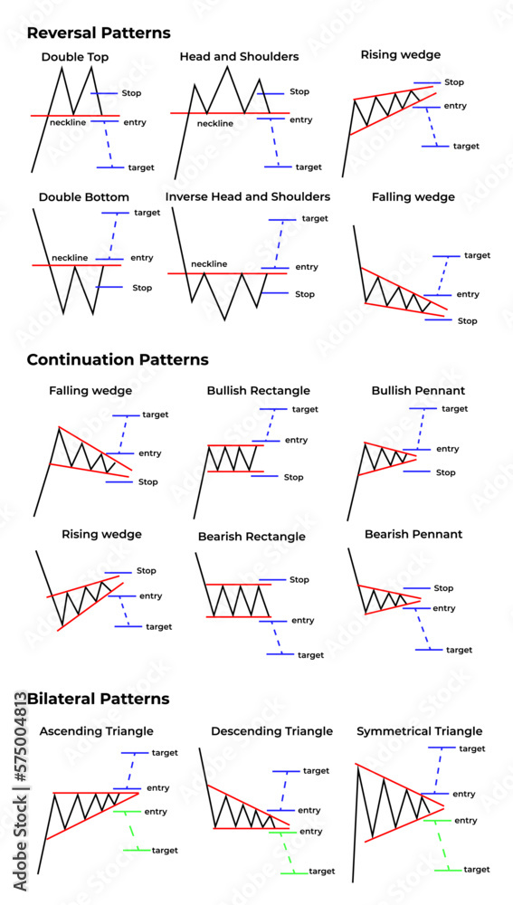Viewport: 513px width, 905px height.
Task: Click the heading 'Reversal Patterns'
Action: point(99,33)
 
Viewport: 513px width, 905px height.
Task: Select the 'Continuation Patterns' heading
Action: point(118,359)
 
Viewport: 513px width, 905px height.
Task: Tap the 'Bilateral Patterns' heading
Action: point(99,699)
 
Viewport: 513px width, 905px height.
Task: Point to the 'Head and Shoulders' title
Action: point(239,56)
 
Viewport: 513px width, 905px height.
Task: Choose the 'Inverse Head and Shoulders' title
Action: point(248,196)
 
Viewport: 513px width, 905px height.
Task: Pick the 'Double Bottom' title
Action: point(83,196)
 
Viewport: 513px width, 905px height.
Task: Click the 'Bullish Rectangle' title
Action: point(258,391)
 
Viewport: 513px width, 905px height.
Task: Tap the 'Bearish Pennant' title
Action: point(413,534)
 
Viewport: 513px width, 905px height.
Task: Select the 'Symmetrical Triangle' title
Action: point(420,730)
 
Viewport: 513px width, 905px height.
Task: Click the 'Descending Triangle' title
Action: point(271,730)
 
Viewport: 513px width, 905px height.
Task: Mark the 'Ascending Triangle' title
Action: point(97,730)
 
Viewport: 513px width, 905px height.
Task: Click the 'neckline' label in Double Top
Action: point(68,122)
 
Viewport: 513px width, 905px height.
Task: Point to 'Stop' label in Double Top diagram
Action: point(130,92)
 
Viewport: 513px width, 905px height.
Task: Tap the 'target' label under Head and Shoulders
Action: point(309,167)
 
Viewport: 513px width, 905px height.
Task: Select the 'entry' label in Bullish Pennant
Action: point(447,449)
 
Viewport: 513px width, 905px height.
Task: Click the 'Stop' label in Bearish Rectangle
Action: point(299,579)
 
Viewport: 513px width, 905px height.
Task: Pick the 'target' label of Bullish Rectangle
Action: point(305,409)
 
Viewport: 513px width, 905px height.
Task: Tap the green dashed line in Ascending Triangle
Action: point(132,831)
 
